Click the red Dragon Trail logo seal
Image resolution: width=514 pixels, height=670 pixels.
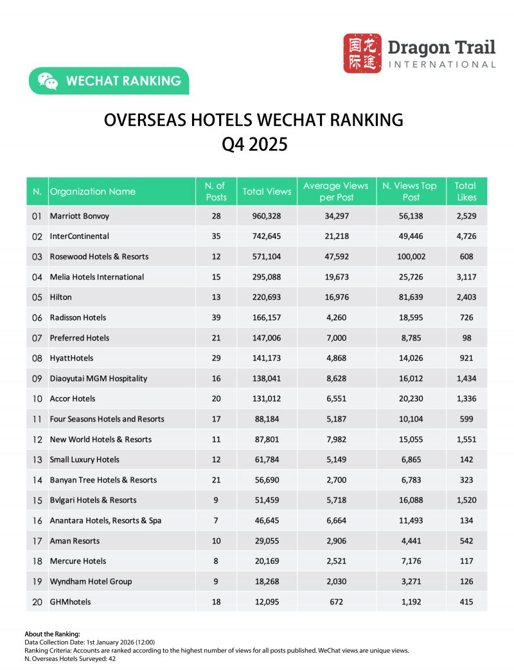tap(362, 53)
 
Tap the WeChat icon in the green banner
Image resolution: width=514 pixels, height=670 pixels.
tap(48, 81)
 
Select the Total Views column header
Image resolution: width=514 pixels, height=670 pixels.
tap(267, 191)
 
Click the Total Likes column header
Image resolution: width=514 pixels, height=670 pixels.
tap(466, 191)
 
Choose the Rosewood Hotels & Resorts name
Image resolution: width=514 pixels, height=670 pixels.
tap(99, 256)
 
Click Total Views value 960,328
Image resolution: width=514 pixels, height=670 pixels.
tap(267, 216)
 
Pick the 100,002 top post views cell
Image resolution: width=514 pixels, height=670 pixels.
tap(409, 256)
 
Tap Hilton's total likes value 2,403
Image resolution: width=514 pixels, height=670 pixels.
tap(466, 297)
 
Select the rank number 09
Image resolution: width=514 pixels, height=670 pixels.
tap(37, 378)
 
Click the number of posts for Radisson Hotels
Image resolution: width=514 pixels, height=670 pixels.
tap(216, 317)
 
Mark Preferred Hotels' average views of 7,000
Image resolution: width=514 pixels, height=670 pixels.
tap(335, 338)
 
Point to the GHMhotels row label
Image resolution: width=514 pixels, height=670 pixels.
tap(70, 602)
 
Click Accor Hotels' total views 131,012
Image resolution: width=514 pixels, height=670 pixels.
tap(267, 398)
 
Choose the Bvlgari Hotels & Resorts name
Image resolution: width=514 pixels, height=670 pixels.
tap(93, 500)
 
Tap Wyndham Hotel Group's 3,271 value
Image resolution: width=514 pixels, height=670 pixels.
tap(409, 581)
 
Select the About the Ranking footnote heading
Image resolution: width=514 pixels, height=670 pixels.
tap(52, 634)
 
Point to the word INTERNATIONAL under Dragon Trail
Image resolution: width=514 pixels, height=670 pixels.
tap(442, 64)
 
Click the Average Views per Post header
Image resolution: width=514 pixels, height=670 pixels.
tap(335, 191)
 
